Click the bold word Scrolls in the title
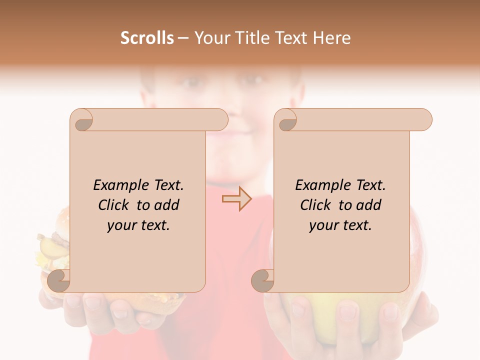[x=147, y=38]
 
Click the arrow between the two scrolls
[x=236, y=199]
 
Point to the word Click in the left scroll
[x=115, y=205]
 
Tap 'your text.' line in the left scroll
[x=138, y=225]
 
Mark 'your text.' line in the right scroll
[x=340, y=225]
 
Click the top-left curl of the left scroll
[x=82, y=120]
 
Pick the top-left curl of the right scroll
[x=286, y=120]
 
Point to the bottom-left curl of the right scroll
[x=262, y=280]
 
